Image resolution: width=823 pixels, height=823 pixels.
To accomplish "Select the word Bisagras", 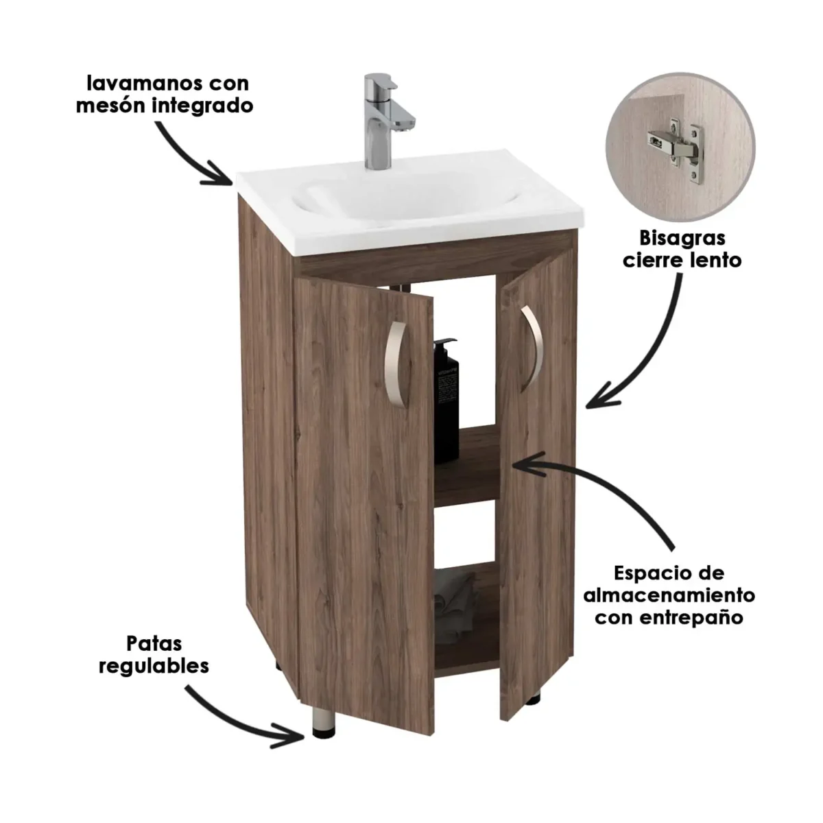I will (x=682, y=239).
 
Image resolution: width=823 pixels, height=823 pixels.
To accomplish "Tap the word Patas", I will (x=154, y=644).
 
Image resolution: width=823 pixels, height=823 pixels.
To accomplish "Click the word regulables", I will (x=154, y=666).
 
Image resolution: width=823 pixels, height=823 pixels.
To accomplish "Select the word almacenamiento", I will (x=669, y=594).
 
